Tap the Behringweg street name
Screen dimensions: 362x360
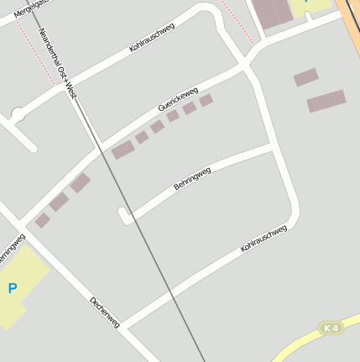click(192, 178)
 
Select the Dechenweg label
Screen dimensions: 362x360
click(105, 312)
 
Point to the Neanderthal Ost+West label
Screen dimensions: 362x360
click(58, 64)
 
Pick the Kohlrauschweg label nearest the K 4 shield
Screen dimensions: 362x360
click(263, 238)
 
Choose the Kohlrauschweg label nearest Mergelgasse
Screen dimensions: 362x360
click(152, 38)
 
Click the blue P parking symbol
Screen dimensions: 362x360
click(12, 288)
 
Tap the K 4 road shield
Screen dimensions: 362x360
click(332, 328)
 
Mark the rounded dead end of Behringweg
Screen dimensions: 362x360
click(124, 217)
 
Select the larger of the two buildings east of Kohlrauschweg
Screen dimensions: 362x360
click(326, 101)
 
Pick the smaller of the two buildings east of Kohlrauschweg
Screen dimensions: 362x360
click(305, 77)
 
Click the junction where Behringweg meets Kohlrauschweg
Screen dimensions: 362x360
click(271, 148)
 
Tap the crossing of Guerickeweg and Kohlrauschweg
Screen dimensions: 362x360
click(246, 63)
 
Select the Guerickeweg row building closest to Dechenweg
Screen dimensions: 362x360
click(43, 220)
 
